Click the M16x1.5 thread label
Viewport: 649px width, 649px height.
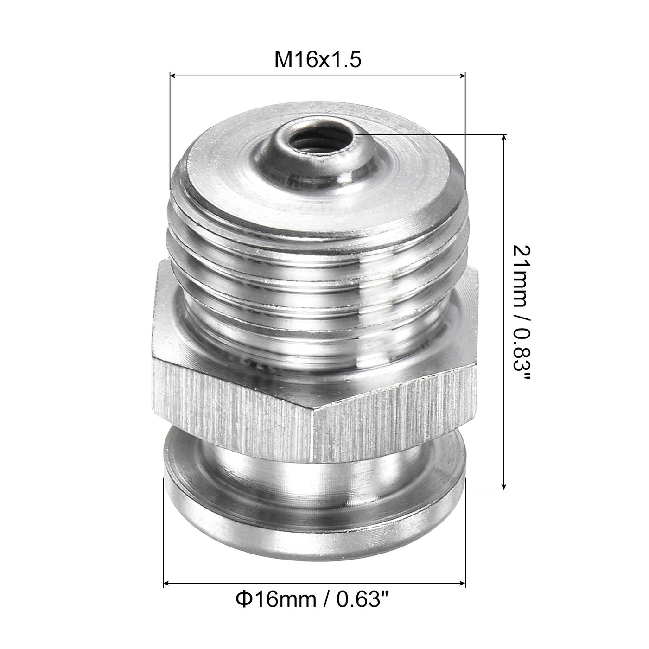(318, 60)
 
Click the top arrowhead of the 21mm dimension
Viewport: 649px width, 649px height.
(504, 138)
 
